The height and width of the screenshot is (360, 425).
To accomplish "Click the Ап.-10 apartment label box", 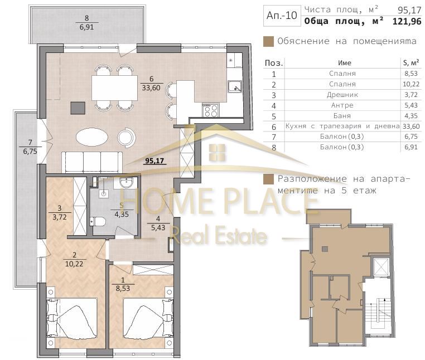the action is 282,16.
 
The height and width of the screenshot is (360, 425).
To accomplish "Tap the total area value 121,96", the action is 407,21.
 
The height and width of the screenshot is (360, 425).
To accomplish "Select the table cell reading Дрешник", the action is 342,95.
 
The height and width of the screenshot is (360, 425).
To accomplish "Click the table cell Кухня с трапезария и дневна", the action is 342,127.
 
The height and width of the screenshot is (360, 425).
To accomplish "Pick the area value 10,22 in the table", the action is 411,84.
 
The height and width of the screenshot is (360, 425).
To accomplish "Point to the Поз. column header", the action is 274,64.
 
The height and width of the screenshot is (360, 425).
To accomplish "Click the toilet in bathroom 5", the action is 98,222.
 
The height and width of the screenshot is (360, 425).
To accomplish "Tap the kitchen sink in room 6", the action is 235,87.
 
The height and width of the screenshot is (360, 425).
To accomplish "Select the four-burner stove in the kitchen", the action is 211,110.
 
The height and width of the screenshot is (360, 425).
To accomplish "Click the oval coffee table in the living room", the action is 92,138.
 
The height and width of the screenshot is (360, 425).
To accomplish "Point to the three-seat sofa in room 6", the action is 92,162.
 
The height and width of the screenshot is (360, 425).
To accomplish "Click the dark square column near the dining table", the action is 78,108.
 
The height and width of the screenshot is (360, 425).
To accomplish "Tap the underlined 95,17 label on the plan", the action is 154,161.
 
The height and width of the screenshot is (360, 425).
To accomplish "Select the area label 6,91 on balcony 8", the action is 87,27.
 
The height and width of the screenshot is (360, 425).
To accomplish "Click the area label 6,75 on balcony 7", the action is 30,151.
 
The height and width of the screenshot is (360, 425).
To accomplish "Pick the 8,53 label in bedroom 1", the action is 123,289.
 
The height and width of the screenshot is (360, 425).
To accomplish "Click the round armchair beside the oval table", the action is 126,137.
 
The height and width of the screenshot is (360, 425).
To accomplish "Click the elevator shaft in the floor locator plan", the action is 381,267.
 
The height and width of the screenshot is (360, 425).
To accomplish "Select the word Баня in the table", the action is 342,116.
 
